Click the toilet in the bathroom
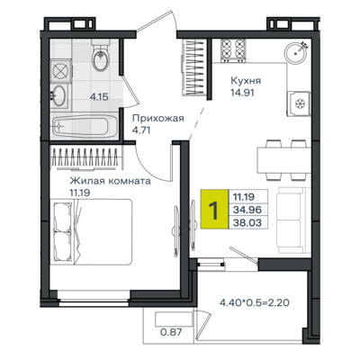(101, 56)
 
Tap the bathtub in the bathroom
(80, 126)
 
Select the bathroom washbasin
(59, 95)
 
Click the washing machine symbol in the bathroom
(60, 71)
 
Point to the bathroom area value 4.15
(99, 97)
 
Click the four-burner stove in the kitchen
(233, 50)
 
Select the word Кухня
(246, 80)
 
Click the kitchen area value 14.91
(242, 93)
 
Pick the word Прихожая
(158, 119)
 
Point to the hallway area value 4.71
(141, 130)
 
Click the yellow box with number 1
(215, 209)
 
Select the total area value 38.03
(247, 222)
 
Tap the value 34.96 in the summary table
(247, 210)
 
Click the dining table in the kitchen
(283, 160)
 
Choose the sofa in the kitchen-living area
(294, 220)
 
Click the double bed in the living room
(93, 231)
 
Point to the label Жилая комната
(111, 182)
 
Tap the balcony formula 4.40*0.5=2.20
(255, 302)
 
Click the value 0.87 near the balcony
(171, 332)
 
